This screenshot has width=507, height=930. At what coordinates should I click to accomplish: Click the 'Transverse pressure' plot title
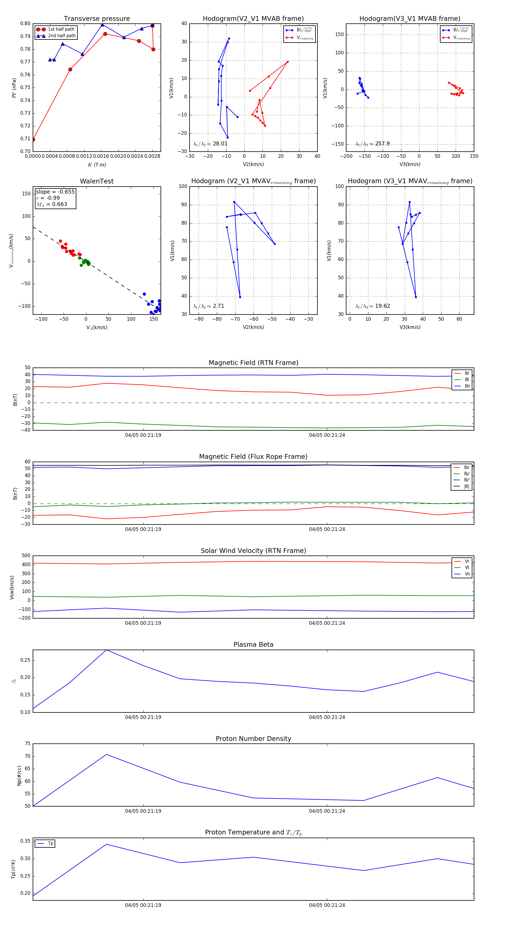pos(97,19)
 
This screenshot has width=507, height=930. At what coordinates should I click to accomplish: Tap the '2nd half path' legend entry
pos(62,36)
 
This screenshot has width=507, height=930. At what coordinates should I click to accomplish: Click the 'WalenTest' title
pos(97,181)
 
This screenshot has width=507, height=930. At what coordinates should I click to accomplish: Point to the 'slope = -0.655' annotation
pos(55,192)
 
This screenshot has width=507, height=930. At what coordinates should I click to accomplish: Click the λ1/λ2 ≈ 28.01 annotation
pos(210,144)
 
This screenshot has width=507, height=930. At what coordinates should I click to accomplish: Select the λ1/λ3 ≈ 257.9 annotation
pos(372,144)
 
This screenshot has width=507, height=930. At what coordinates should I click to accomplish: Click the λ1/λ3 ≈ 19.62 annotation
pos(372,306)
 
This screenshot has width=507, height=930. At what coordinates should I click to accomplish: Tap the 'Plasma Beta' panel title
pos(253,645)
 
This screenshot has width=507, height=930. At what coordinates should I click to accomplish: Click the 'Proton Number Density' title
pos(253,738)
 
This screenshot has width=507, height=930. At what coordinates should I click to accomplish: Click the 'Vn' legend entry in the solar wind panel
pos(467,574)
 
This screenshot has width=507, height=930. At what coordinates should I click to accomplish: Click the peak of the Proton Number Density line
pos(106,754)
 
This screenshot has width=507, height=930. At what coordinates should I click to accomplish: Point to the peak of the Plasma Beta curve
pos(106,650)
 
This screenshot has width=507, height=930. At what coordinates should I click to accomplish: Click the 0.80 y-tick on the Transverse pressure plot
pos(25,23)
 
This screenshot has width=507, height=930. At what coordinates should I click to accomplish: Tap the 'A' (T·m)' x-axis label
pos(97,165)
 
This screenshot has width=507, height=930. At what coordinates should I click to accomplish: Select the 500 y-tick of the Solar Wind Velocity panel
pos(26,556)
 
